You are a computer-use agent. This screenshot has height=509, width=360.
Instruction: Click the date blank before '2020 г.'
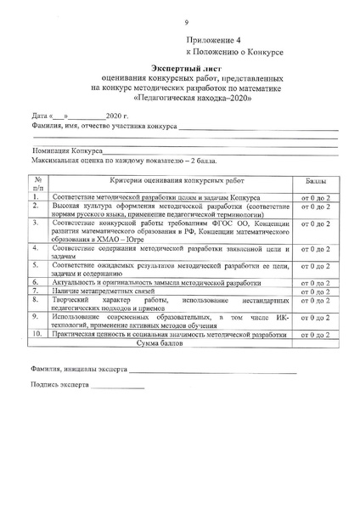pyautogui.click(x=84, y=115)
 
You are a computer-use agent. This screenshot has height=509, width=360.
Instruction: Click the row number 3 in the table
pyautogui.click(x=37, y=223)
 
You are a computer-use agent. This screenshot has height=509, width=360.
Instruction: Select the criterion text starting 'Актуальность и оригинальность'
pyautogui.click(x=162, y=282)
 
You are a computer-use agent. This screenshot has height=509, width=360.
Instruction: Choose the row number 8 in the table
pyautogui.click(x=37, y=301)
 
